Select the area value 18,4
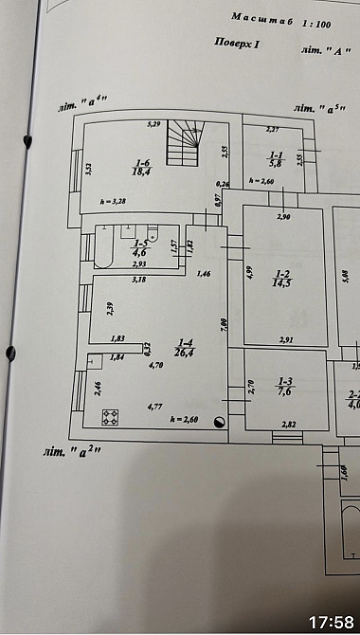141,172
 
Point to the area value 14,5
281,282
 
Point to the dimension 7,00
224,322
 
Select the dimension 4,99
250,275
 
